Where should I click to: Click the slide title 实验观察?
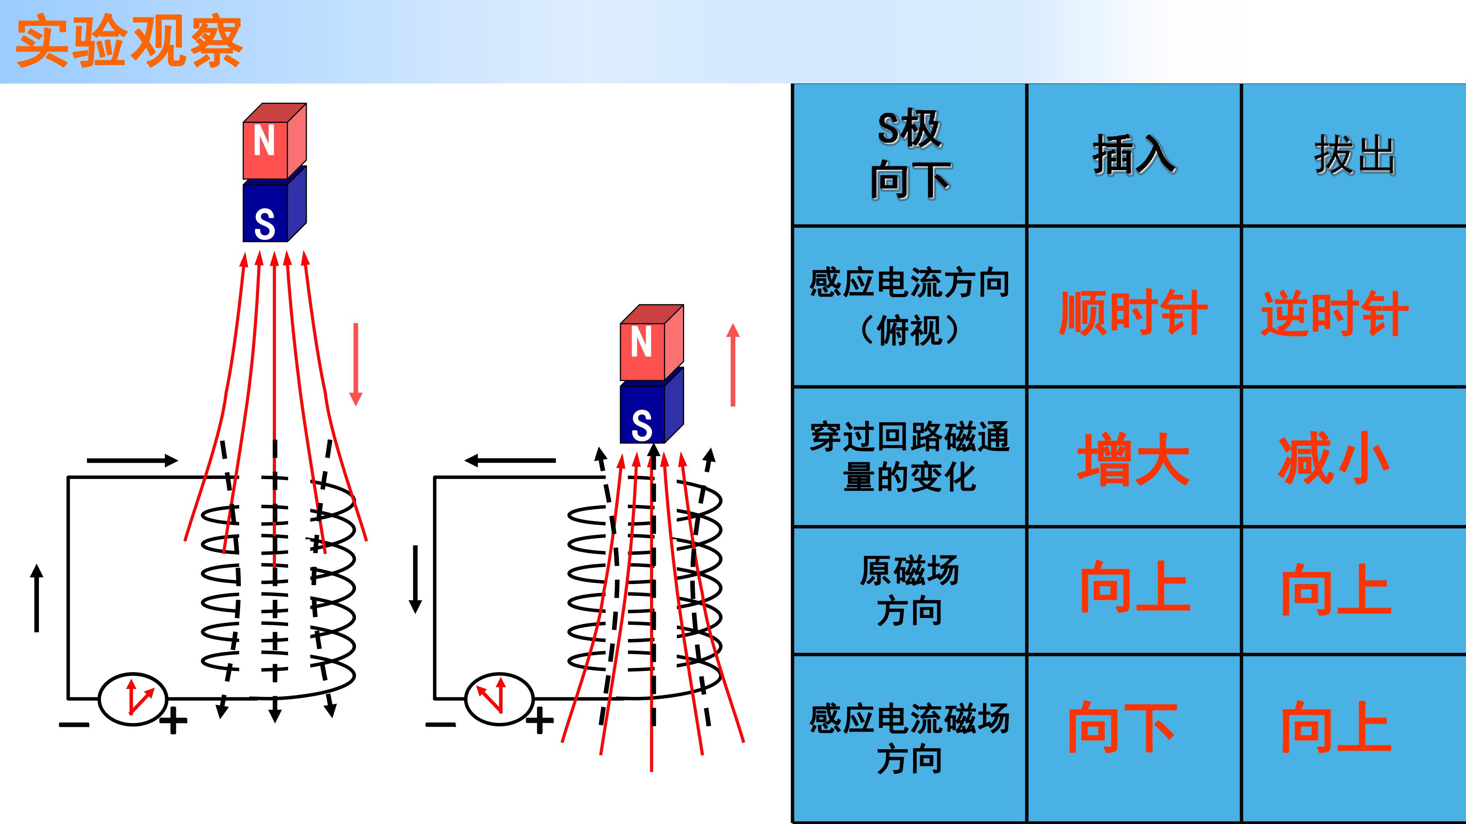click(x=130, y=43)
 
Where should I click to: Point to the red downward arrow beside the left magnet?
click(x=356, y=364)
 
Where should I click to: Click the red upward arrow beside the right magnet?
click(x=733, y=365)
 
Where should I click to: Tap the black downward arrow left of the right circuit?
click(x=416, y=579)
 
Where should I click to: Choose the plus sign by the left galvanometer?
click(x=173, y=722)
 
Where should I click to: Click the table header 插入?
click(x=1134, y=155)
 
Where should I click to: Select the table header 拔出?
click(x=1355, y=155)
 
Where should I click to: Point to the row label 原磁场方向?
click(x=909, y=591)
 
